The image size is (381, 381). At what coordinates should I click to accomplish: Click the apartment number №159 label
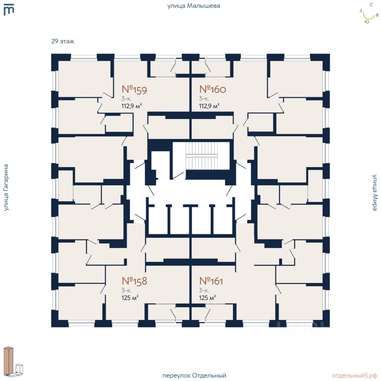134,90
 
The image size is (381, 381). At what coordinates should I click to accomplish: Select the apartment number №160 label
212,89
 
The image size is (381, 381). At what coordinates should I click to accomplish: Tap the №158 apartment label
134,281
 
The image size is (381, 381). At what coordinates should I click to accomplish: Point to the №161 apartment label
211,281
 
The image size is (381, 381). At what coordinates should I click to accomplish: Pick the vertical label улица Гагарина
6,187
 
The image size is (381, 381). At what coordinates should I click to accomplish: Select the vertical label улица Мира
374,192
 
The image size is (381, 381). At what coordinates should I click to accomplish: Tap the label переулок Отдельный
194,375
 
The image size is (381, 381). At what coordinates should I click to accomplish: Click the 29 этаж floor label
63,41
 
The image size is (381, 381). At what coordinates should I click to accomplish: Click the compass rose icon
369,13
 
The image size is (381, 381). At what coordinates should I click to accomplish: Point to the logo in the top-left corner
8,10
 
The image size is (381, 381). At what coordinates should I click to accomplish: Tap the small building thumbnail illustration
13,361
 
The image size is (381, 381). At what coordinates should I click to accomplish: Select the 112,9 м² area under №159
131,106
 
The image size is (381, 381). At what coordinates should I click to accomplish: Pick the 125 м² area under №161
207,297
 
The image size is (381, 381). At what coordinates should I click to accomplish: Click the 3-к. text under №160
204,98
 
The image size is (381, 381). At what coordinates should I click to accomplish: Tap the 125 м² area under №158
129,297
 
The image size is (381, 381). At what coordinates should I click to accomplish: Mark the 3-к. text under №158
127,290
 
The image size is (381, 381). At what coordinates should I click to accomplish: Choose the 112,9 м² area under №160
209,106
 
